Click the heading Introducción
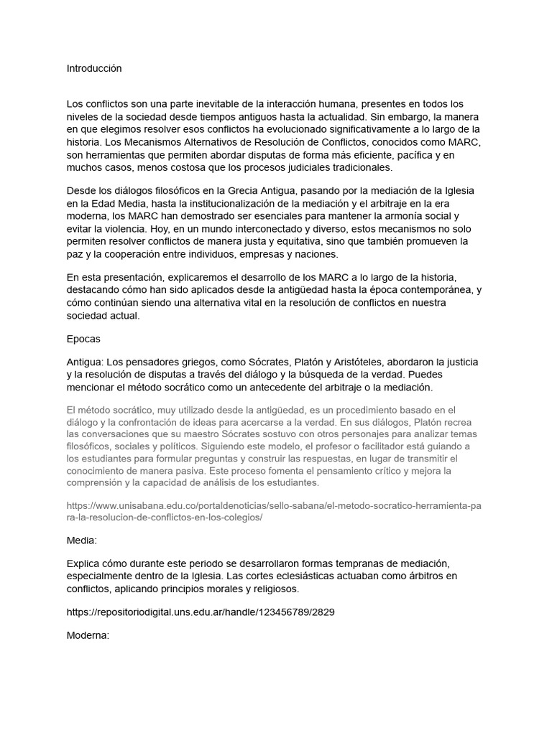point(94,68)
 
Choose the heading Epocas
point(83,338)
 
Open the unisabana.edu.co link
point(274,511)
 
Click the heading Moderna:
point(88,635)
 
